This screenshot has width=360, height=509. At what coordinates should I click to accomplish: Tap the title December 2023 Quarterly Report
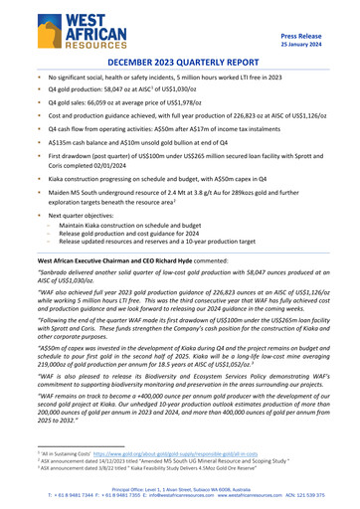pos(179,62)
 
